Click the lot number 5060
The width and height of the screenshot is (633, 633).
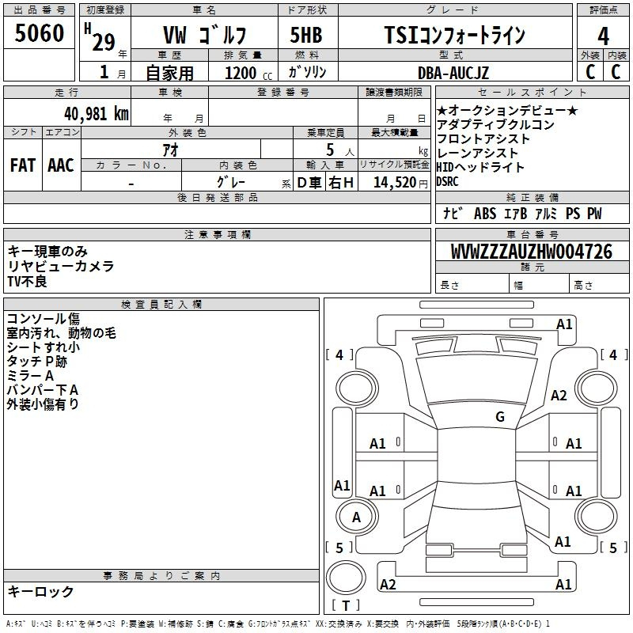click(39, 33)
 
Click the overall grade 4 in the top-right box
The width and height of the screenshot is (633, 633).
click(603, 36)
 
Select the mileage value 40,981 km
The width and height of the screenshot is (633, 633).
click(97, 114)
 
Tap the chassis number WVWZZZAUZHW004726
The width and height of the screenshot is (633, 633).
click(531, 251)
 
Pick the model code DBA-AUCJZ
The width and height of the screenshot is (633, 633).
click(453, 73)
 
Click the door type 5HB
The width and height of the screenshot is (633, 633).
click(306, 35)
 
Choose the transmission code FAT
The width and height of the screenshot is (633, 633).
click(23, 165)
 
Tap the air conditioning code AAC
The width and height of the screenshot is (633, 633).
click(61, 165)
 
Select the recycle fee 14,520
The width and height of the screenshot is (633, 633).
click(395, 182)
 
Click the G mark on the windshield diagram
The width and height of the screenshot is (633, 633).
click(500, 416)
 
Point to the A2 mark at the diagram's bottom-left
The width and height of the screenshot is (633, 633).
click(388, 584)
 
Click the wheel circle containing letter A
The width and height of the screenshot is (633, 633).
click(357, 517)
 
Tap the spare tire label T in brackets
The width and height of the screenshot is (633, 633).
click(346, 605)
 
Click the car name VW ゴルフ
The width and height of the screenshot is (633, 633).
click(204, 35)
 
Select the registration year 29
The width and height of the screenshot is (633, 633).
click(104, 42)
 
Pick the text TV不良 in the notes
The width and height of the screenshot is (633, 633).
click(27, 281)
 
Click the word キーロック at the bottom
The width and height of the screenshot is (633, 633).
click(40, 591)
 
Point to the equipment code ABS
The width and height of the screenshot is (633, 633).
click(485, 214)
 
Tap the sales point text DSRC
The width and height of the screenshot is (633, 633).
click(447, 182)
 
